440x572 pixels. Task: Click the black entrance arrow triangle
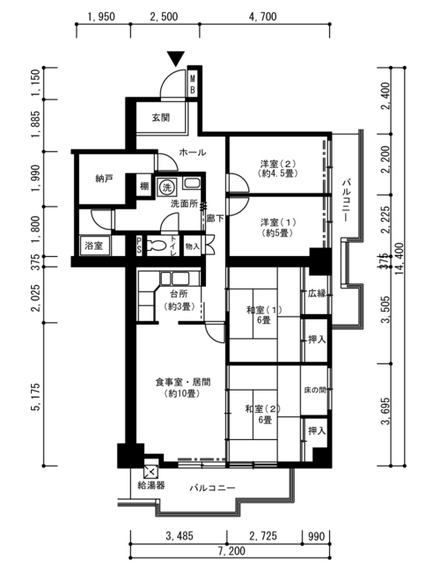(x=176, y=58)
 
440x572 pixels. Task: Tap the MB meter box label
(x=193, y=84)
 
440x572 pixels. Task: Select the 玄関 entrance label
(x=161, y=117)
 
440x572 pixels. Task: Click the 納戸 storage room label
(x=104, y=179)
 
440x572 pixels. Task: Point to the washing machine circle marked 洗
(x=166, y=187)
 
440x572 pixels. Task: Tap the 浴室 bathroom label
(x=94, y=246)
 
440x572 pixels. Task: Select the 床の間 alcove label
(x=315, y=390)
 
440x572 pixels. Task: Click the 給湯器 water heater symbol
(x=151, y=473)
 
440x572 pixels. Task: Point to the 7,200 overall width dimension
(x=231, y=551)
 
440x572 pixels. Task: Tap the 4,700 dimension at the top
(x=263, y=17)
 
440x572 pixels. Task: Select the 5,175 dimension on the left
(x=37, y=397)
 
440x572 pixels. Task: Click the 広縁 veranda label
(x=317, y=293)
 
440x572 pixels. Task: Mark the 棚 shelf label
(x=144, y=187)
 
